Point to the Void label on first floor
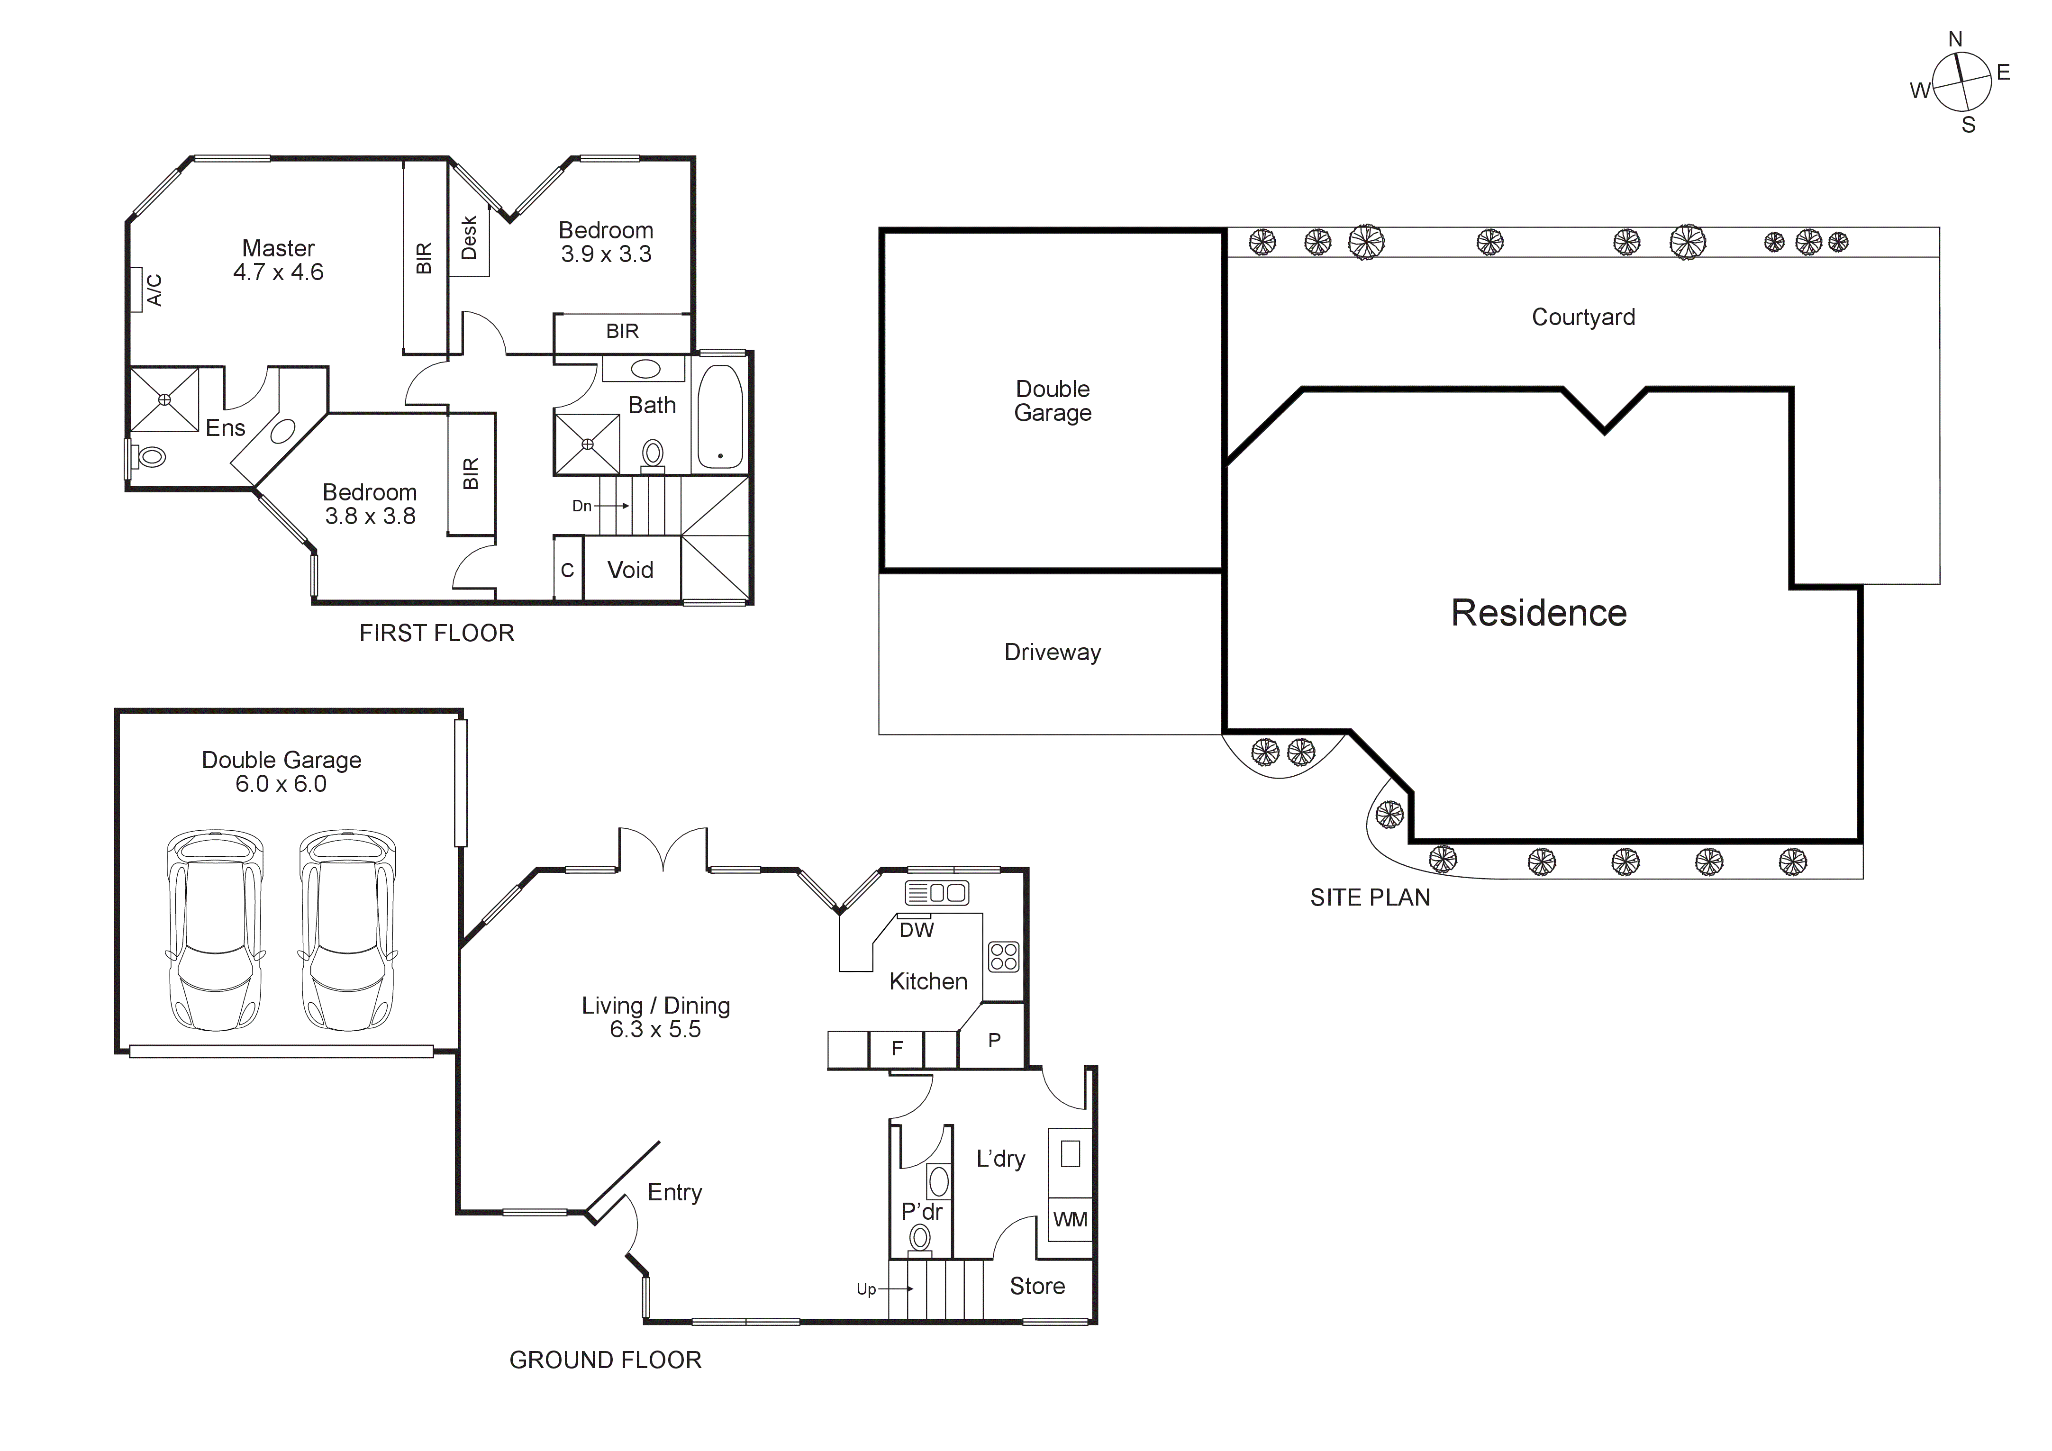pyautogui.click(x=630, y=570)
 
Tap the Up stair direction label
pyautogui.click(x=866, y=1289)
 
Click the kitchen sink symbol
pyautogui.click(x=936, y=892)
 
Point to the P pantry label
pyautogui.click(x=994, y=1040)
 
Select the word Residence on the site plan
pyautogui.click(x=1538, y=613)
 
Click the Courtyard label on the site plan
pyautogui.click(x=1583, y=317)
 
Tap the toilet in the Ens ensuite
pyautogui.click(x=150, y=456)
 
